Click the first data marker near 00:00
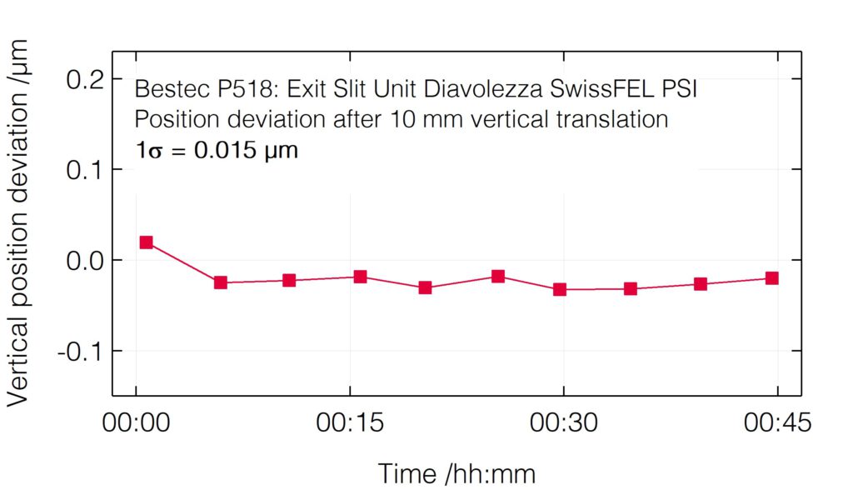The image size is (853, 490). (x=147, y=242)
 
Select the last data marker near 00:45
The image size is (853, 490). (x=771, y=278)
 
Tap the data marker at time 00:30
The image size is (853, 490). (x=560, y=289)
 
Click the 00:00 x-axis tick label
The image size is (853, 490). (x=136, y=424)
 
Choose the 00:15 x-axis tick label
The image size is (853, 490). (x=350, y=424)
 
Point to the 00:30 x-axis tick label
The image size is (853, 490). (x=564, y=424)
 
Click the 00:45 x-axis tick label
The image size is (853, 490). (x=777, y=424)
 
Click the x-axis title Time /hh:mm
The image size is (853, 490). (x=456, y=473)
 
